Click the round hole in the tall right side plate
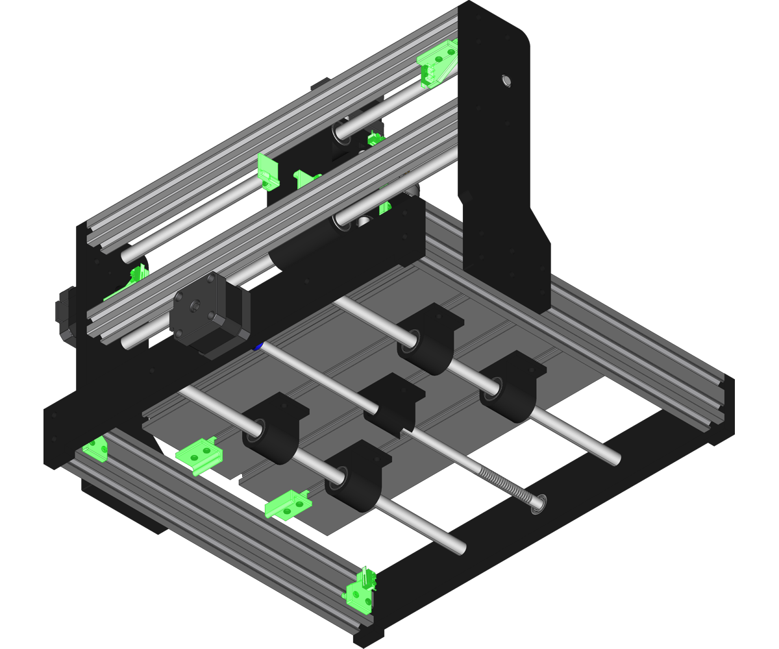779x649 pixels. click(506, 81)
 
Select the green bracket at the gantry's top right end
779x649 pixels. click(437, 62)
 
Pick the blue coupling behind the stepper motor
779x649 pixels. click(258, 346)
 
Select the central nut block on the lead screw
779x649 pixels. click(393, 406)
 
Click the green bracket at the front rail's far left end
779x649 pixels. click(97, 447)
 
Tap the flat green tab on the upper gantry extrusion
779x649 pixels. click(267, 170)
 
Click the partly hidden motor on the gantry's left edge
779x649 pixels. click(65, 315)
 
